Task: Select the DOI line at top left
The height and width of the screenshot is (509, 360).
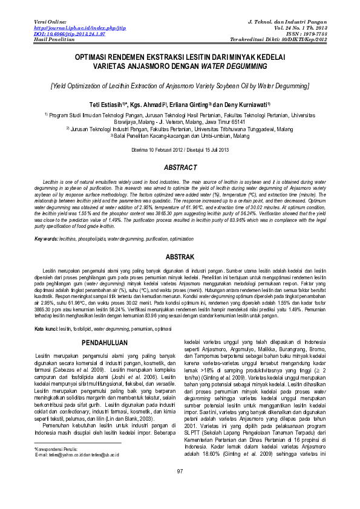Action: [62, 33]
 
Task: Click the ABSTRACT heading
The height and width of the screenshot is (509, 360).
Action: [180, 167]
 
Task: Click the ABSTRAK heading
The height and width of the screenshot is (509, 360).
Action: [180, 257]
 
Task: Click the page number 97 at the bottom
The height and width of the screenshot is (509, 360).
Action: [180, 488]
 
